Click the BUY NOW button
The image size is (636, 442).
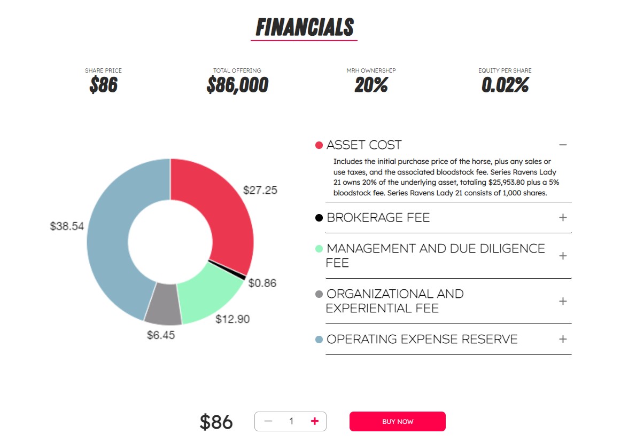[397, 421]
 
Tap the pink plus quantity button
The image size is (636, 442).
[315, 421]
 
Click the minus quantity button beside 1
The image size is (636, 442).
[268, 421]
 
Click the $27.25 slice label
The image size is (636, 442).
[260, 190]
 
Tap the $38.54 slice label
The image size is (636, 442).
[67, 226]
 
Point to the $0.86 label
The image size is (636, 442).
[262, 283]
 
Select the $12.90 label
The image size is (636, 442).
[232, 319]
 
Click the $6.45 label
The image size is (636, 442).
[161, 335]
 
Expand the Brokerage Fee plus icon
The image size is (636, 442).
[563, 217]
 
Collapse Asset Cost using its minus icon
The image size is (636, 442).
[563, 145]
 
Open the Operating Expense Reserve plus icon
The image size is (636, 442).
[563, 339]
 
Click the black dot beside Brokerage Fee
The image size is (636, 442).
[319, 218]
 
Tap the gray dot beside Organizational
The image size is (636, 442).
[319, 294]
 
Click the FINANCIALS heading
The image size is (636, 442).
[305, 27]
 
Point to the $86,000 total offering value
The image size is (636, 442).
[237, 85]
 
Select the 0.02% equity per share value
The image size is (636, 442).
[505, 85]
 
